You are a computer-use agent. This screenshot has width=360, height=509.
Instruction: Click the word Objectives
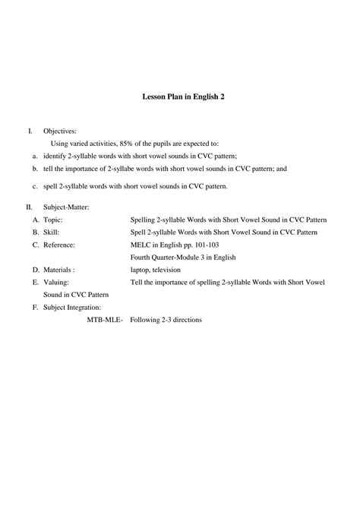60,131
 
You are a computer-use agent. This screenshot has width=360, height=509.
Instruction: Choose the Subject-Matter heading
67,207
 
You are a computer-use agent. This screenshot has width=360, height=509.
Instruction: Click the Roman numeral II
29,207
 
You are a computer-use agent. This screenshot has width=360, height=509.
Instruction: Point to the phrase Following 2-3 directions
166,320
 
